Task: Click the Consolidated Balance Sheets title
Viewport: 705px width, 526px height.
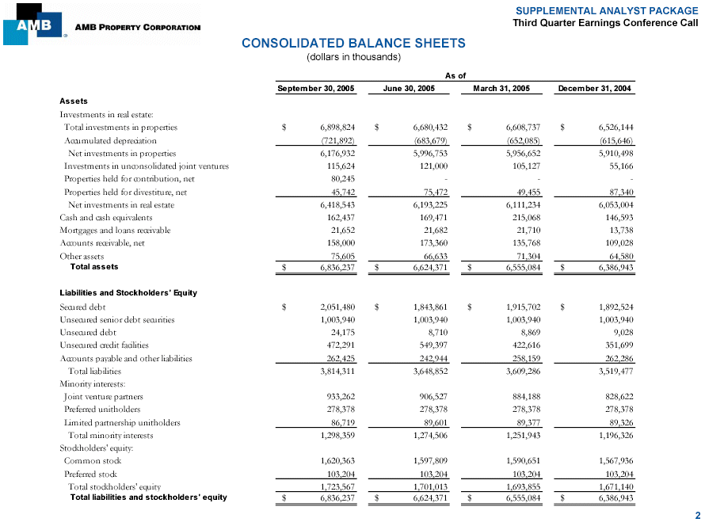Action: tap(353, 43)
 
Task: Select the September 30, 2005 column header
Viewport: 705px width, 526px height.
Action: tap(315, 89)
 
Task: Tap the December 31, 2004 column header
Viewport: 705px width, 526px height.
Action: tap(594, 89)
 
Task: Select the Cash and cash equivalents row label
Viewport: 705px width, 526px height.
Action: tap(106, 217)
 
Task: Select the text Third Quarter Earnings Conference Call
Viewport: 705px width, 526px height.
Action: tap(605, 23)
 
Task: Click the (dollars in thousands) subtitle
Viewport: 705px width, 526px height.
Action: tap(353, 57)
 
